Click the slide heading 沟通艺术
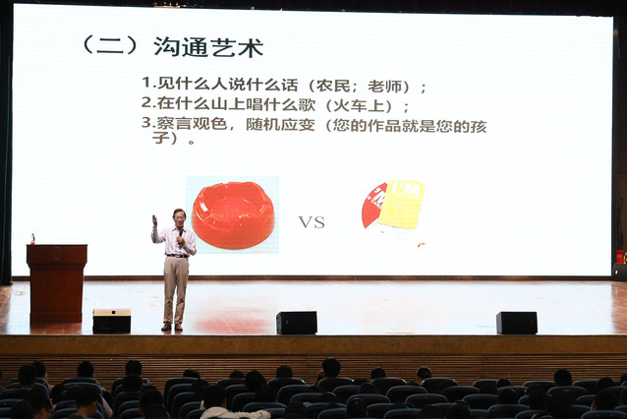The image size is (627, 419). point(208,47)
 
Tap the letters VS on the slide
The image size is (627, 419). point(312,222)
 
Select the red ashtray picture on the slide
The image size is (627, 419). point(233,214)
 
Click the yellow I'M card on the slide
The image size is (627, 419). point(401,205)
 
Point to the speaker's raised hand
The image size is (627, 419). point(154,220)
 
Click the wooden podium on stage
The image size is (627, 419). point(56,282)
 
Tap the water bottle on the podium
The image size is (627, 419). point(32,239)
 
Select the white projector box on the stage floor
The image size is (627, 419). point(112,321)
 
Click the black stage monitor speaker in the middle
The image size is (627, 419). point(297,323)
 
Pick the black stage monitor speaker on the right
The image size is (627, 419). point(517,323)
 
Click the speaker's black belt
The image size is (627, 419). point(177,256)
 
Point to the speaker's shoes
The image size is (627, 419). point(172,327)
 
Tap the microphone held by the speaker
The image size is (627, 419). point(181,234)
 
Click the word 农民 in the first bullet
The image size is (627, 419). point(333,86)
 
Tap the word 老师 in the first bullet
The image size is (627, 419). point(384,86)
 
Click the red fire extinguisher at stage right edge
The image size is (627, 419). point(620,257)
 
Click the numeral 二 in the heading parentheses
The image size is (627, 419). point(110,47)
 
